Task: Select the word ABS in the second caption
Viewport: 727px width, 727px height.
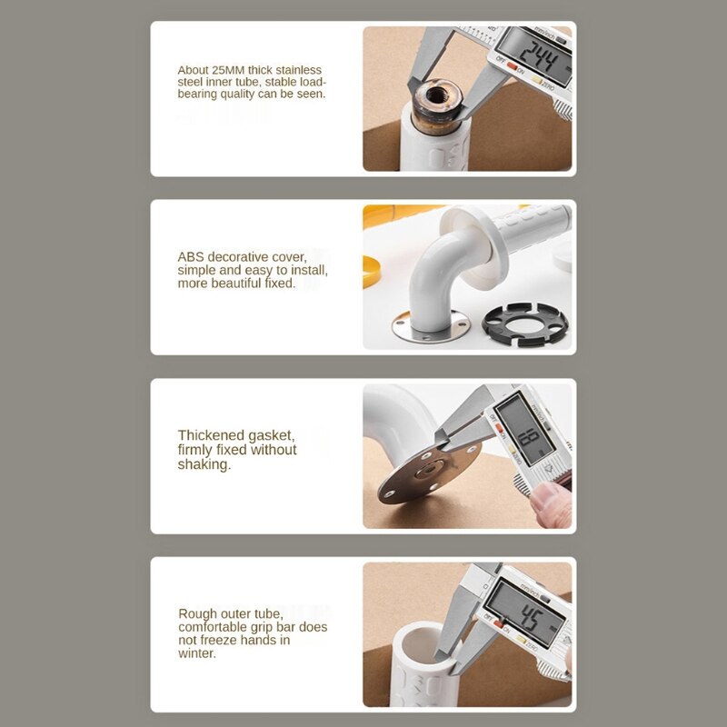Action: click(x=192, y=257)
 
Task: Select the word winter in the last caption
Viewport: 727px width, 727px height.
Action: click(x=196, y=652)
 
